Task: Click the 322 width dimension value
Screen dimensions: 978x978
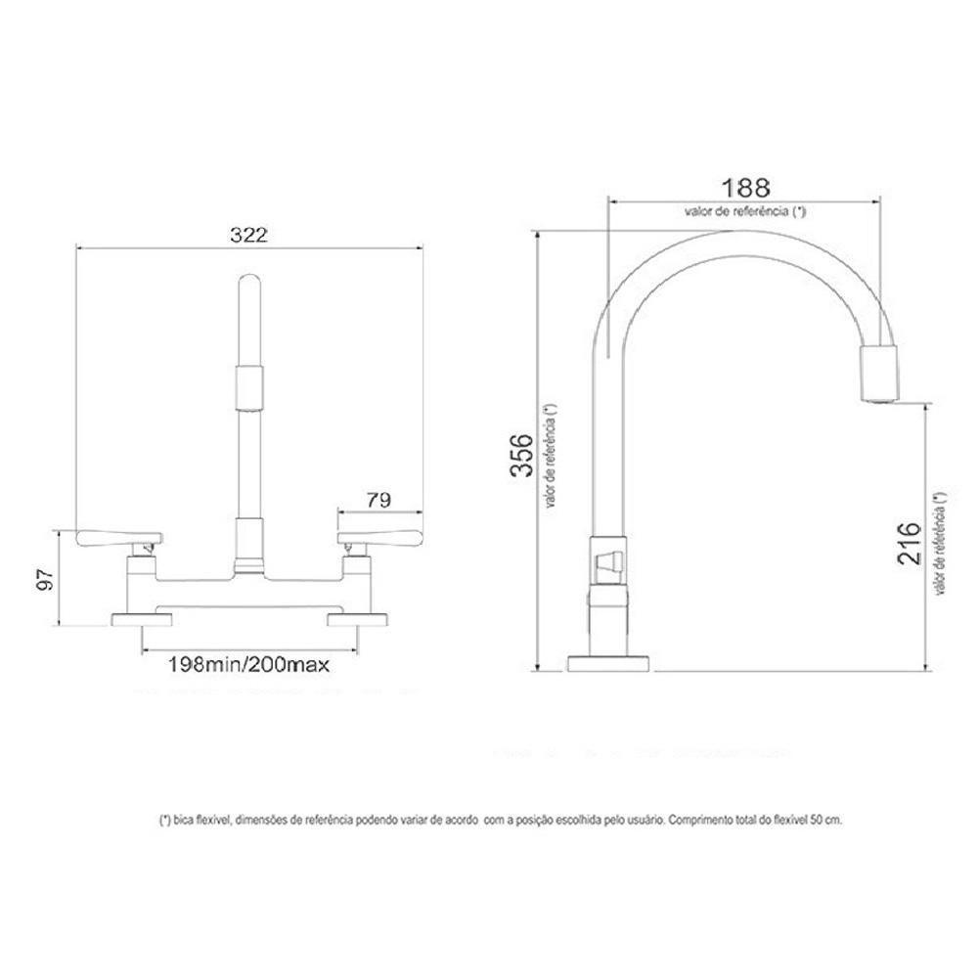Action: [x=248, y=235]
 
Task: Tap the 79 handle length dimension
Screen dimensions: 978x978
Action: [x=378, y=499]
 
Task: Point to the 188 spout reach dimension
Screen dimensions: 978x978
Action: [x=745, y=187]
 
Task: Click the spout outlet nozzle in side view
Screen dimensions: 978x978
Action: [x=877, y=374]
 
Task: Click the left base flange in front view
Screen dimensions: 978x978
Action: [x=141, y=618]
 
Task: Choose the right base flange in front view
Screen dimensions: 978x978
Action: [x=358, y=618]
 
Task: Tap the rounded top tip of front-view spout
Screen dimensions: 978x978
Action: [x=249, y=284]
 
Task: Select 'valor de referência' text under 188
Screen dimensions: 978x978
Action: [x=745, y=210]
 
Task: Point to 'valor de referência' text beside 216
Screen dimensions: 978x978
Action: [x=939, y=543]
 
